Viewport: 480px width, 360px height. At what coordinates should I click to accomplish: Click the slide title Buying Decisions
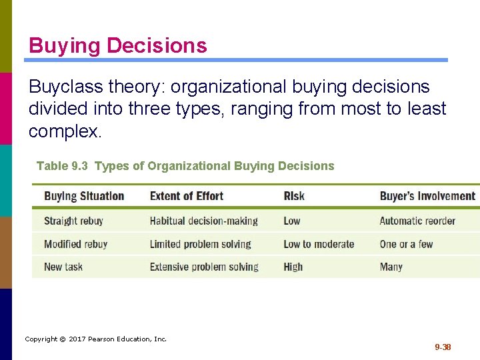(x=118, y=46)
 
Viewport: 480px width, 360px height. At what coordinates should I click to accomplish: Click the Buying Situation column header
(x=84, y=196)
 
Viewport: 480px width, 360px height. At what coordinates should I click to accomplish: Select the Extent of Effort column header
(x=187, y=196)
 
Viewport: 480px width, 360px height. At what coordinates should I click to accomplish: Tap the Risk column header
(x=294, y=196)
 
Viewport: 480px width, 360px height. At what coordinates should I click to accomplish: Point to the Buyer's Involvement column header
(x=427, y=196)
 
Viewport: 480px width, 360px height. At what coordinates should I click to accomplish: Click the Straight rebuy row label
(x=73, y=221)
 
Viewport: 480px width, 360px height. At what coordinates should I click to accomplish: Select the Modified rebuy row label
(x=75, y=244)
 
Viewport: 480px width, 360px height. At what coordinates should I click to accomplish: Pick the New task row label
(x=63, y=267)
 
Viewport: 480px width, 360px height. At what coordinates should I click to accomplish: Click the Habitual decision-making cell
(x=203, y=221)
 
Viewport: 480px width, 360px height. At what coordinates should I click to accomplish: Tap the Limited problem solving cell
(x=200, y=244)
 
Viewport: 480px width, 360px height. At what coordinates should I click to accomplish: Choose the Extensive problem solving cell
(x=204, y=267)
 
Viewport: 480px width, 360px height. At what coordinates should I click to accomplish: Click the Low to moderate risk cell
(x=319, y=244)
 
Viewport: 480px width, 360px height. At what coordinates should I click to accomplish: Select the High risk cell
(x=293, y=267)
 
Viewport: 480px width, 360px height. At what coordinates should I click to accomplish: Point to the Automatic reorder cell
(x=417, y=221)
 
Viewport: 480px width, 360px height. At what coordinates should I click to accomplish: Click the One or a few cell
(x=406, y=244)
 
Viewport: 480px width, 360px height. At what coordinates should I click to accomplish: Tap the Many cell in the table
(x=391, y=267)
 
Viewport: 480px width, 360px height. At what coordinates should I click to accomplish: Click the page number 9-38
(x=443, y=347)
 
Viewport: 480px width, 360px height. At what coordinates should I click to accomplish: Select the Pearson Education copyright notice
(x=96, y=339)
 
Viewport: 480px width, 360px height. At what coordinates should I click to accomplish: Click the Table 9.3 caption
(x=185, y=166)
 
